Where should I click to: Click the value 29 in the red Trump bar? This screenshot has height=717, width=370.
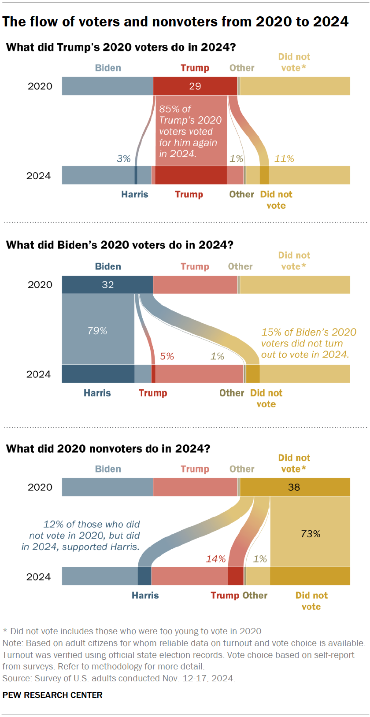click(195, 86)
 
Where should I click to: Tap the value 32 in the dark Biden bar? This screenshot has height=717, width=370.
click(108, 285)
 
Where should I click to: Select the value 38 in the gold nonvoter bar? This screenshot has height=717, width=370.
click(294, 487)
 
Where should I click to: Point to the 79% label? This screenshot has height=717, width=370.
click(97, 331)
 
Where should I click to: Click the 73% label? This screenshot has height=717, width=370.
click(311, 534)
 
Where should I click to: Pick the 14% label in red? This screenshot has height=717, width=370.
click(216, 559)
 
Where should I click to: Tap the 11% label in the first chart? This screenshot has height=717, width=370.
click(284, 159)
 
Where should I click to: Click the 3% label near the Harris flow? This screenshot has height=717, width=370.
click(124, 159)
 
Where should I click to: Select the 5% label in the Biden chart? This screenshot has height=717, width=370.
click(167, 356)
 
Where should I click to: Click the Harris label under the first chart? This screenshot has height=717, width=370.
click(135, 194)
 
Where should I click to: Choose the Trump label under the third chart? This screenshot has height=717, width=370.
click(225, 595)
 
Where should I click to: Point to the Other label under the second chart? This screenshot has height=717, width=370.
click(232, 393)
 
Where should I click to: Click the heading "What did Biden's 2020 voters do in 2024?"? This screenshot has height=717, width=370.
click(120, 245)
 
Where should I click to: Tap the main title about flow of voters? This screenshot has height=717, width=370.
click(175, 22)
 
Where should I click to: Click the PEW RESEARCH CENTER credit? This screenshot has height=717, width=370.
click(52, 695)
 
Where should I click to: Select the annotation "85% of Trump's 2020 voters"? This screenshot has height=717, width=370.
click(190, 131)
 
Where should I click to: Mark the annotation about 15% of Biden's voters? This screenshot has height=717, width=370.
click(308, 344)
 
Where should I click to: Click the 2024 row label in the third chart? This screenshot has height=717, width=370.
click(39, 577)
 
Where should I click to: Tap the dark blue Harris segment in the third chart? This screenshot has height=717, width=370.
click(144, 576)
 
